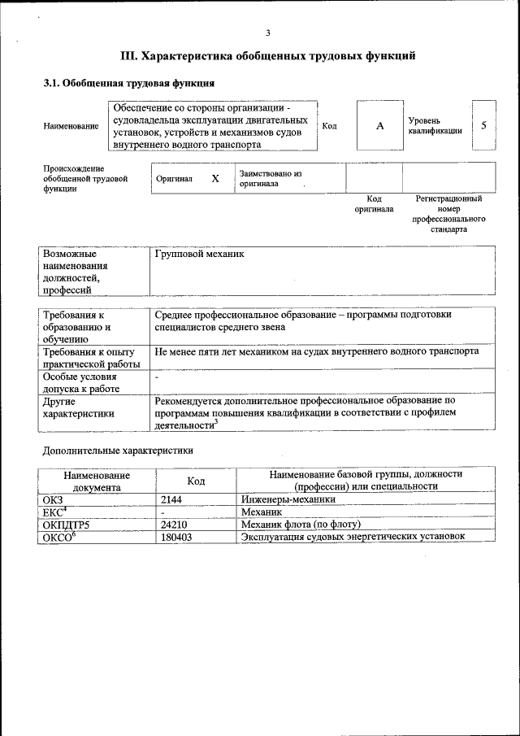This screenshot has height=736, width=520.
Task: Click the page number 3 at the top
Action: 267,33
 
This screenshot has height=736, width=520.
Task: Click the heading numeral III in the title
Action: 129,56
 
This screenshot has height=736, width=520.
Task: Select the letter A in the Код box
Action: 379,126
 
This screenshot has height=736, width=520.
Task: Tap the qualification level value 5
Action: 483,125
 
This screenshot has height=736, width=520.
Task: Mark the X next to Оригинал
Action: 215,178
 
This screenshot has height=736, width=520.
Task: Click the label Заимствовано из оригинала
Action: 270,178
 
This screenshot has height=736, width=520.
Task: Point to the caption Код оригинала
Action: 374,203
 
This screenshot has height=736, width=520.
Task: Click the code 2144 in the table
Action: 172,500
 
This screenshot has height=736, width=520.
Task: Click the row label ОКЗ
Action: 52,500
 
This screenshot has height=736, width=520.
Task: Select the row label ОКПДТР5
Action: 66,525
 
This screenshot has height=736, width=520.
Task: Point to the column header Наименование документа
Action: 96,480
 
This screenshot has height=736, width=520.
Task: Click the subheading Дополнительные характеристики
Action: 118,449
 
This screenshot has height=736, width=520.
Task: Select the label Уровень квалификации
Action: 435,125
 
